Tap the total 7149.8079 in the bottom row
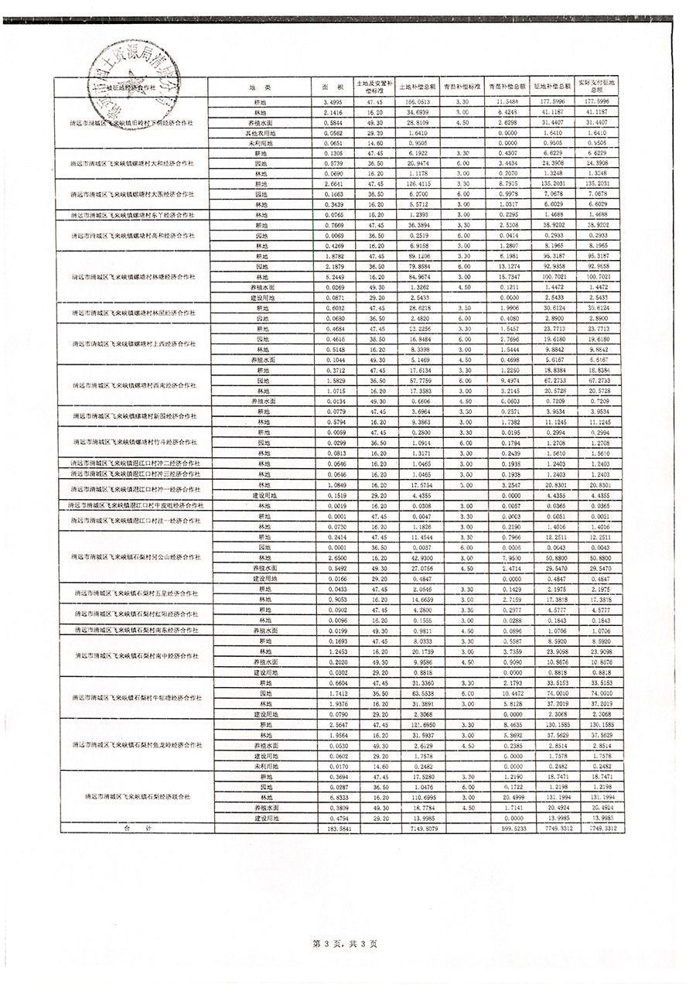pyautogui.click(x=418, y=828)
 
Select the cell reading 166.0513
pyautogui.click(x=418, y=102)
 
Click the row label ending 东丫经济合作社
pyautogui.click(x=134, y=214)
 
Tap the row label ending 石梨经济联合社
pyautogui.click(x=134, y=796)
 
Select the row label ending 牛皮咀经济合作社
pyautogui.click(x=134, y=505)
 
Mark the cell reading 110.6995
pyautogui.click(x=418, y=796)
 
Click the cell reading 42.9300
pyautogui.click(x=418, y=558)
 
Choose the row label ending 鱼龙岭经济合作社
pyautogui.click(x=134, y=744)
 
